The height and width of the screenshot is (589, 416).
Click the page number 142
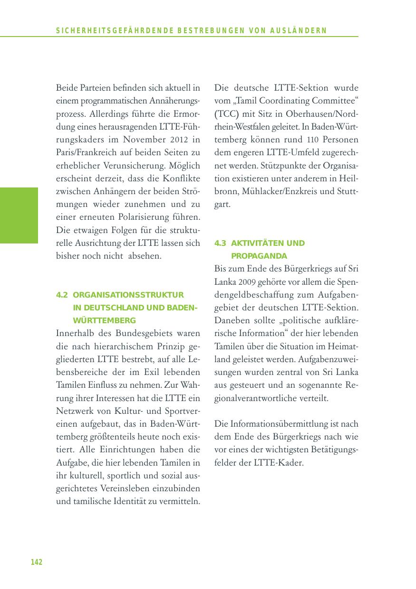pos(37,562)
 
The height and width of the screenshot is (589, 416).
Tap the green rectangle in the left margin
pos(19,215)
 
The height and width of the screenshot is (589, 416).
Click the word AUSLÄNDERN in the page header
pos(306,31)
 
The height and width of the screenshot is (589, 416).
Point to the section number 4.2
pos(62,295)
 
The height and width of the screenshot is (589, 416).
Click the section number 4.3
pos(220,243)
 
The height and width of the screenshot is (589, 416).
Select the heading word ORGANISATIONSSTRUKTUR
pos(128,295)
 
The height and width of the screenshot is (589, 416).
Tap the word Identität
pos(130,501)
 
